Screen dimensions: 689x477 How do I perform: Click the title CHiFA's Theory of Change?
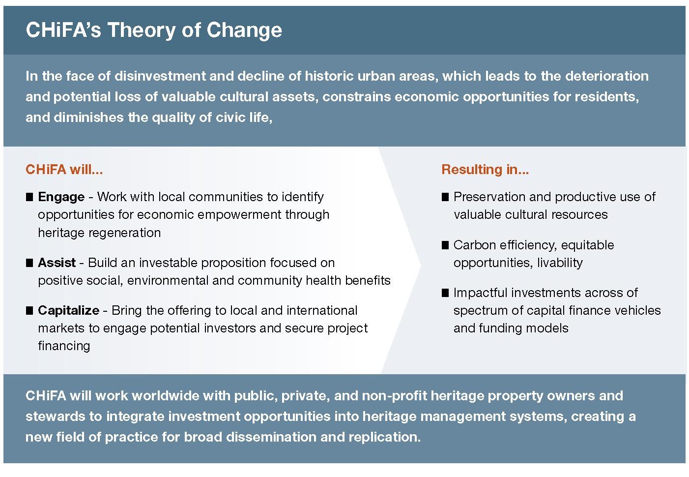(154, 30)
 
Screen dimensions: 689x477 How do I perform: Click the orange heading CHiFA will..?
(64, 170)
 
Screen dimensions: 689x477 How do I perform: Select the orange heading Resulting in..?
(485, 170)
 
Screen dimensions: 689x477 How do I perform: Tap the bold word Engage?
(61, 197)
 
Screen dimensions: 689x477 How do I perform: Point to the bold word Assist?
(57, 263)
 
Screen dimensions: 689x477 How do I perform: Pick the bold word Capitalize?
(69, 310)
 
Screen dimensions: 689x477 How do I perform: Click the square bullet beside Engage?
(29, 197)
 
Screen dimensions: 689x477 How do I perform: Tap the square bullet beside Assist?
(29, 263)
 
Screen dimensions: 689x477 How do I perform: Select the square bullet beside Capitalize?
(29, 310)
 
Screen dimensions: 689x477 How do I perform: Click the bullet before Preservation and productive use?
(445, 197)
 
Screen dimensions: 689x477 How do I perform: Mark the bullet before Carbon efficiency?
(445, 245)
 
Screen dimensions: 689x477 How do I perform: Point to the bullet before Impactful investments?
(445, 293)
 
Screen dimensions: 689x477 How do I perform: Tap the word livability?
(560, 263)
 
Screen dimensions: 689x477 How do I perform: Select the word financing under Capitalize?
(64, 346)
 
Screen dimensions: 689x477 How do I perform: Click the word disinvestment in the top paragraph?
(160, 76)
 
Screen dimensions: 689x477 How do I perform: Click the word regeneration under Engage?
(124, 233)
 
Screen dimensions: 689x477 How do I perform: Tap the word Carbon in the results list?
(475, 245)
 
